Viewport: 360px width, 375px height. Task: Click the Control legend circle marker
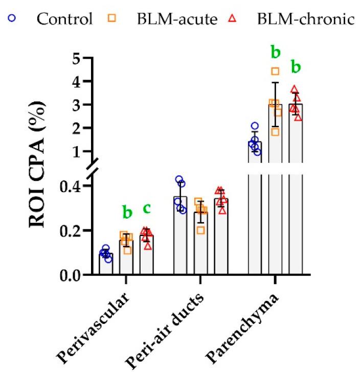tap(12, 19)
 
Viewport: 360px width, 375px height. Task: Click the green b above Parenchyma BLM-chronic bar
tap(296, 66)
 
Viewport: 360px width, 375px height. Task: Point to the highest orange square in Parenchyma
tap(275, 72)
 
